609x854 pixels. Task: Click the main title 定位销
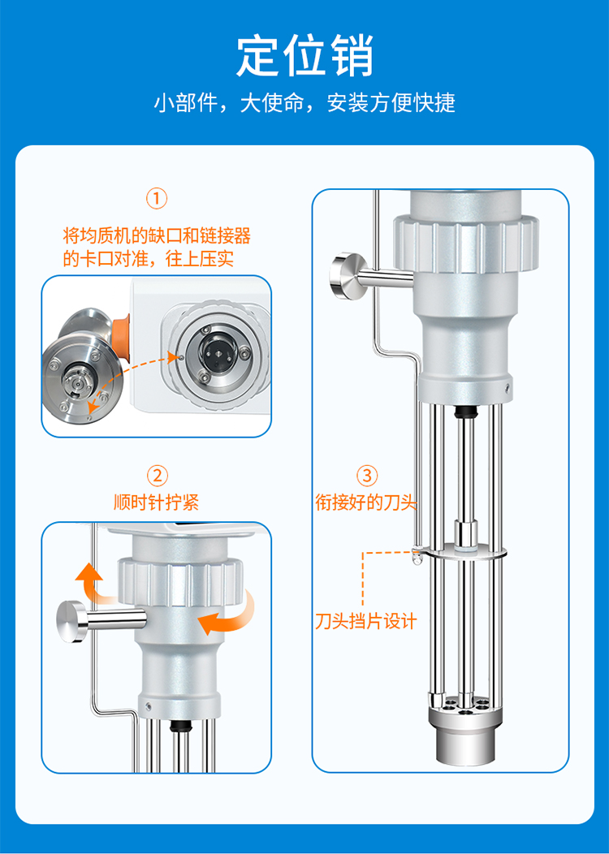coord(304,56)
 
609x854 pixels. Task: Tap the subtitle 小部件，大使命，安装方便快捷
coord(304,102)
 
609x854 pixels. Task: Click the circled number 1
coord(157,199)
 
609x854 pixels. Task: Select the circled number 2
coord(157,476)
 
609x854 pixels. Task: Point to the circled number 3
coord(366,476)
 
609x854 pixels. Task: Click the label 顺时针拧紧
coord(157,502)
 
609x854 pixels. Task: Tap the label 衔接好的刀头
coord(366,502)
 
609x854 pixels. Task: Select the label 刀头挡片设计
coord(366,621)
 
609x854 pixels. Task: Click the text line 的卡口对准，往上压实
coord(148,259)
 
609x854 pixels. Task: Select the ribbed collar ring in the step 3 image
coord(466,243)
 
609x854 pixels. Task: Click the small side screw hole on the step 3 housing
coord(508,387)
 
